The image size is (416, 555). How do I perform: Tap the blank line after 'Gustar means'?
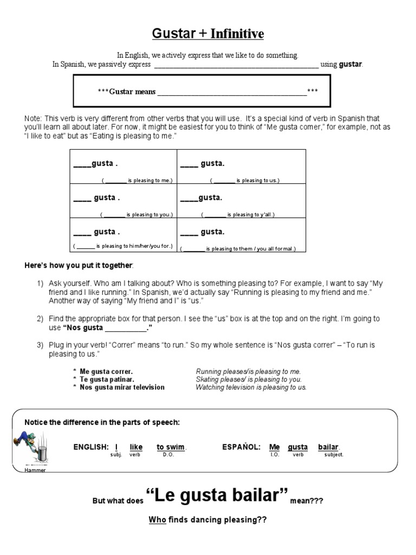point(231,92)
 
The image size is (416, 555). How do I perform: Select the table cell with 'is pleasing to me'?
point(123,166)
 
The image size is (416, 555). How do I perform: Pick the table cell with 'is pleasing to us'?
point(242,166)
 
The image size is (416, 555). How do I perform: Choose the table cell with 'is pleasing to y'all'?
point(242,201)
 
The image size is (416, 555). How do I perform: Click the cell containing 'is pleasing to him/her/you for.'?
point(123,235)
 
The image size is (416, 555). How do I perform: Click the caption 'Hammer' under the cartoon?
point(35,470)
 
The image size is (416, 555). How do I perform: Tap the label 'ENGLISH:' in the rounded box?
point(91,447)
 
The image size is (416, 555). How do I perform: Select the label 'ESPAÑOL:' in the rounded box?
point(241,447)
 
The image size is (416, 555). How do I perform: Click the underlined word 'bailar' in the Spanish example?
point(328,447)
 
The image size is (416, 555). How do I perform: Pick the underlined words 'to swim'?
point(171,447)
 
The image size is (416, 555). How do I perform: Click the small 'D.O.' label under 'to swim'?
point(168,455)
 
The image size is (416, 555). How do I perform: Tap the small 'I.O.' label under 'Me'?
point(274,455)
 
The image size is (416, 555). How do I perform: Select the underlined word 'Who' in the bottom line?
point(157,520)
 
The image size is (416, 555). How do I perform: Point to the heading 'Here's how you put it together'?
point(79,265)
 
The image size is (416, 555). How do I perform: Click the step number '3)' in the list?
point(40,345)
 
